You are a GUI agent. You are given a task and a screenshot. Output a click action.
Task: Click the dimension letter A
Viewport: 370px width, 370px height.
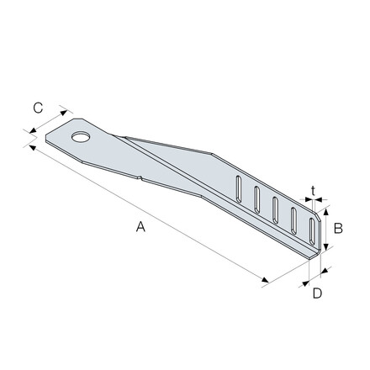point(140,226)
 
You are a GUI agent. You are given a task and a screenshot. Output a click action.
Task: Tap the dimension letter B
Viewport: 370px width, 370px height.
point(338,229)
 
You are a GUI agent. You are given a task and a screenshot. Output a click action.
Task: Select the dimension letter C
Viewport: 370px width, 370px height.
point(38,108)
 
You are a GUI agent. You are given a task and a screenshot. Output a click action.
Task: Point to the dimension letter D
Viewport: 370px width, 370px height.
point(317,293)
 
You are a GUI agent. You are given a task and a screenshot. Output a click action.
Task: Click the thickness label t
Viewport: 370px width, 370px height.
point(313,191)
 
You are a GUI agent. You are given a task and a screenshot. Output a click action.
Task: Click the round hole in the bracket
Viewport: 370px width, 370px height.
point(81,137)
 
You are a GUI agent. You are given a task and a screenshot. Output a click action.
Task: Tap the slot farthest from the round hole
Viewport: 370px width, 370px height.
point(312,231)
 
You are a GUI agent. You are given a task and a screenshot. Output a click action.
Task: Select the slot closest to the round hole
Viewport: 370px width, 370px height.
point(239,189)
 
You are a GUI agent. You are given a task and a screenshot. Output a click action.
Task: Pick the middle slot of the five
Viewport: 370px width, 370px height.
point(275,210)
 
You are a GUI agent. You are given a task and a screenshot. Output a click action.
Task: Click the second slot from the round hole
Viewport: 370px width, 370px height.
point(256,199)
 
